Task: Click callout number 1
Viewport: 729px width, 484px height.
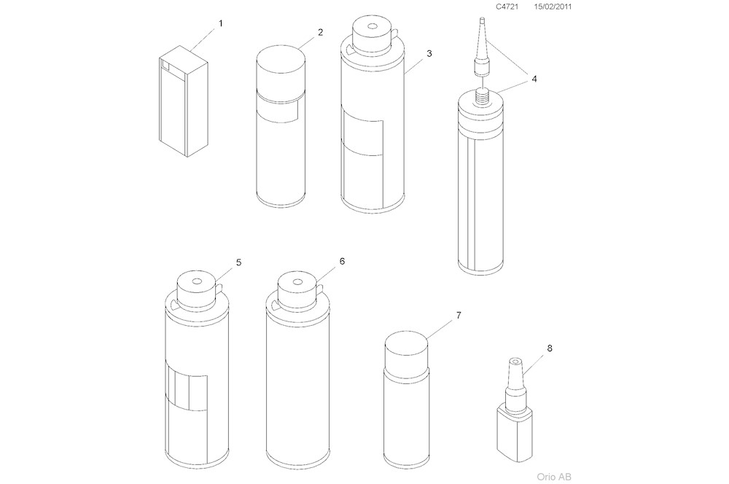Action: [x=221, y=23]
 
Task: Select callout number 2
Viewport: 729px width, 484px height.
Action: [x=320, y=33]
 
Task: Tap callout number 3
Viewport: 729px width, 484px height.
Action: [x=429, y=53]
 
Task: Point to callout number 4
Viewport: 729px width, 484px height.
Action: [x=534, y=79]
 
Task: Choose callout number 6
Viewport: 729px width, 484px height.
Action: [x=342, y=260]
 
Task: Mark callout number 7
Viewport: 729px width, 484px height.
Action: [x=459, y=315]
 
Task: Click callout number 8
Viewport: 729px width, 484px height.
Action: [x=549, y=348]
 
